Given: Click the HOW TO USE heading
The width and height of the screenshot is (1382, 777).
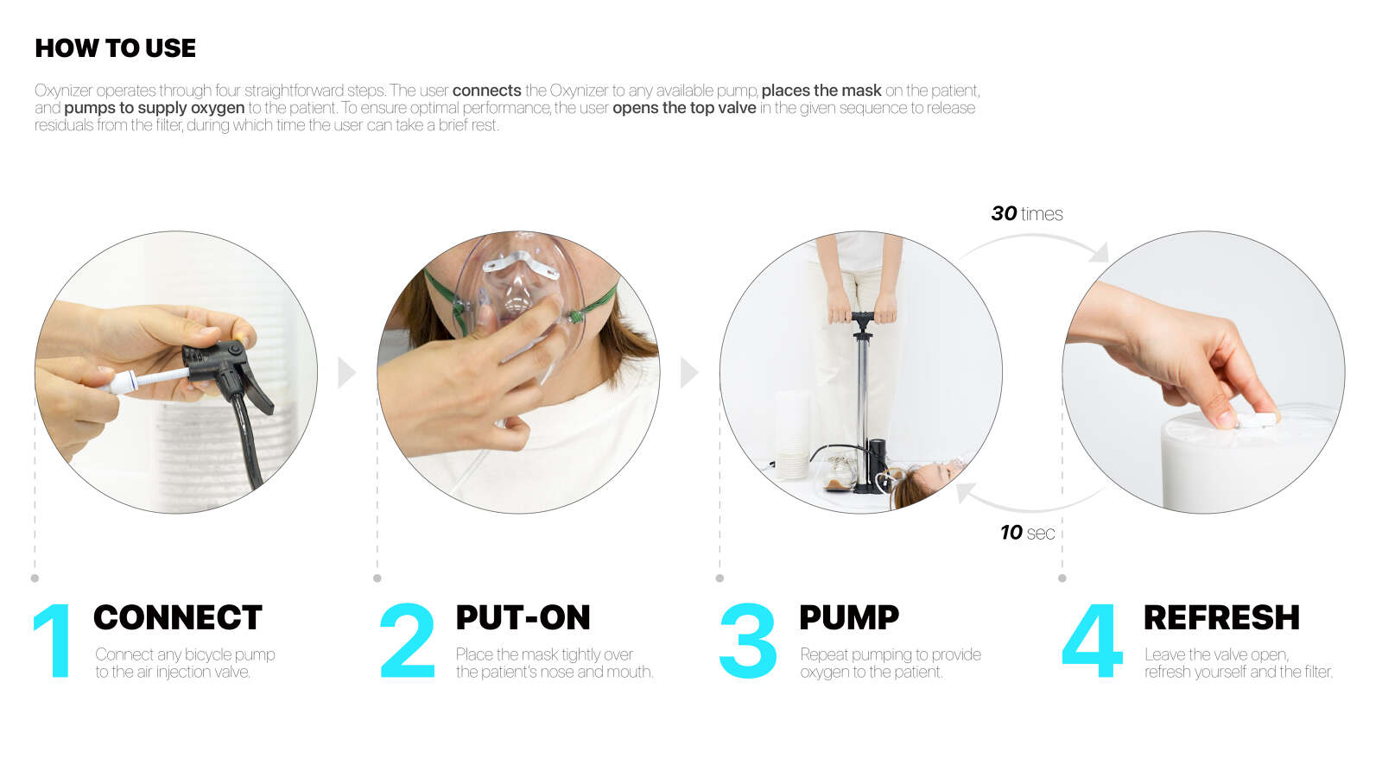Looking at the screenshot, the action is tap(116, 48).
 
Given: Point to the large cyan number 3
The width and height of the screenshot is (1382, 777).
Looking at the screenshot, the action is tap(748, 641).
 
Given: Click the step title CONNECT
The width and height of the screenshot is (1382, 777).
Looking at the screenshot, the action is tap(178, 617).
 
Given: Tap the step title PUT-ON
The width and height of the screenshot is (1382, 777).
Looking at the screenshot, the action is tap(523, 617).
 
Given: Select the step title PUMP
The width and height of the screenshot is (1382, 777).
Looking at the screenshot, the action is tap(849, 617).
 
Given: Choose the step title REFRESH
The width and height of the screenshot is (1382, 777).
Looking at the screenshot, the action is tap(1221, 617).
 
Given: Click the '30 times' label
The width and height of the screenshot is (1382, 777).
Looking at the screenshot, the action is tap(1027, 213).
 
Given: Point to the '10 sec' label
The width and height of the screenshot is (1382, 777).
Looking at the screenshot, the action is tap(1028, 532).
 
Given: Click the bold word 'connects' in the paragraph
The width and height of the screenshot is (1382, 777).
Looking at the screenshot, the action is tap(487, 91).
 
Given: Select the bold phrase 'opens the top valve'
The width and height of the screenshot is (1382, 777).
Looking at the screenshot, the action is tap(684, 108).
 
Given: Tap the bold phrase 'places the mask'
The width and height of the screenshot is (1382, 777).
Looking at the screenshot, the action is tap(821, 91).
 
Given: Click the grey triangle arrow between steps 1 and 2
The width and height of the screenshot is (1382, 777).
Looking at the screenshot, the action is tap(346, 372).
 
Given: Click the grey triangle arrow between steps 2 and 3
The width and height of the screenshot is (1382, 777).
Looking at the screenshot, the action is tap(689, 372).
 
